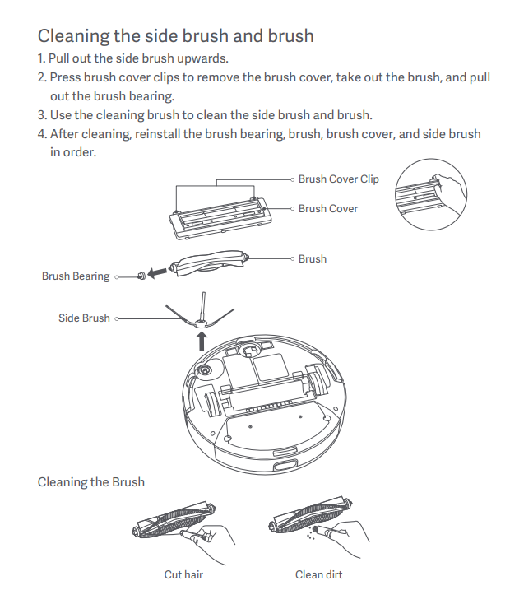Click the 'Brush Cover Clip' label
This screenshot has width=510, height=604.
click(x=339, y=179)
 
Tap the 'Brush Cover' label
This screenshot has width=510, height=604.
click(x=328, y=209)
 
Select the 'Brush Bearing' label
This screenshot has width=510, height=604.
click(x=76, y=276)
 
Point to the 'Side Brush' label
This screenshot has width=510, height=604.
click(x=84, y=318)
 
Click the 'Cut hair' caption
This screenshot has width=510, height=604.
click(x=183, y=574)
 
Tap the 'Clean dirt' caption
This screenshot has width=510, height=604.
click(x=318, y=574)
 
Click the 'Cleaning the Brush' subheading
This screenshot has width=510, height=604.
click(x=91, y=482)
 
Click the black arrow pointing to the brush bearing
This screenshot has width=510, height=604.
click(x=157, y=273)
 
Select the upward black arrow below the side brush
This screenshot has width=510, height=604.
click(x=202, y=341)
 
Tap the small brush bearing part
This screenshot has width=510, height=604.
click(x=141, y=276)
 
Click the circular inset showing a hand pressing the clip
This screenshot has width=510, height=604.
click(x=431, y=194)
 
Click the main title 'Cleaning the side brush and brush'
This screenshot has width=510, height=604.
click(x=176, y=36)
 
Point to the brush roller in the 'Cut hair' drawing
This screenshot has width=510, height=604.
click(x=174, y=519)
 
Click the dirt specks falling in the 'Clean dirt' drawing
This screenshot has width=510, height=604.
click(x=310, y=533)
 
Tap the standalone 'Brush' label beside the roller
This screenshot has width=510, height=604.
click(x=313, y=259)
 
